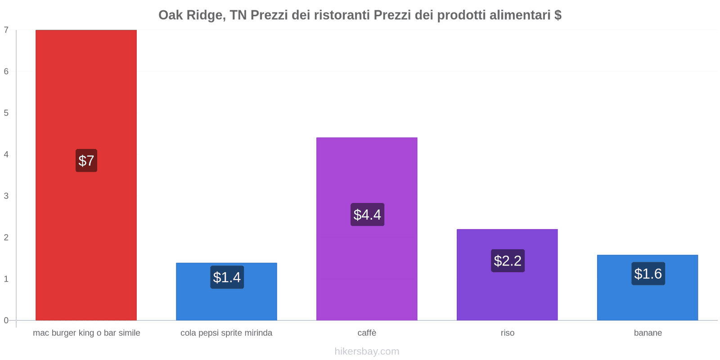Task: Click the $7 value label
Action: (86, 161)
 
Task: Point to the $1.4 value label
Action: (227, 277)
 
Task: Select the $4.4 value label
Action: (367, 215)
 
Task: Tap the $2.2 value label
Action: (508, 261)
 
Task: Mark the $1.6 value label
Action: (648, 274)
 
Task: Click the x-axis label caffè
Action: (367, 333)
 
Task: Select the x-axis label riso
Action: (507, 333)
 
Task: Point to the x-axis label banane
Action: (648, 333)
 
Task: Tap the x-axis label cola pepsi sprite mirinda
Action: (226, 333)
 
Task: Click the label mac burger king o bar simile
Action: (86, 333)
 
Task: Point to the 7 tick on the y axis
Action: (6, 30)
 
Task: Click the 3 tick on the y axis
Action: (6, 196)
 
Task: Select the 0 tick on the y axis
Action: (6, 320)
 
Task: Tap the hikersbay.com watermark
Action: (367, 351)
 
